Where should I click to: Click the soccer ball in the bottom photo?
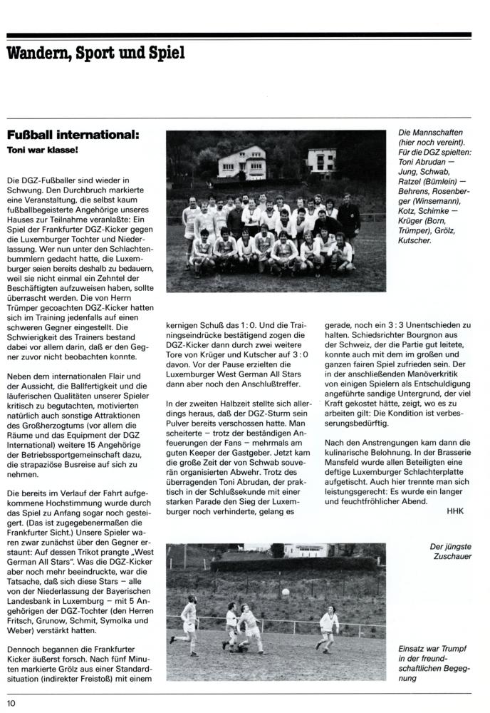coord(286,592)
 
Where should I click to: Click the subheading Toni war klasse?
coord(42,151)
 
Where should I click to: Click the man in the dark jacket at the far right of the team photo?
coord(348,217)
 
